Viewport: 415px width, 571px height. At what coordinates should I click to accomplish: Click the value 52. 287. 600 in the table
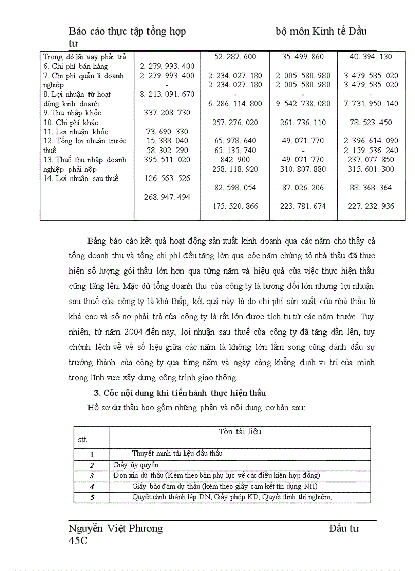pos(235,57)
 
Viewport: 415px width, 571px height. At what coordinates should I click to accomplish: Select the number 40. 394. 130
pos(371,57)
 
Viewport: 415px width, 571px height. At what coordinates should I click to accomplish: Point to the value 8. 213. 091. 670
pos(167,94)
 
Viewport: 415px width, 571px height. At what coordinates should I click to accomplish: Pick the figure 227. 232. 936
pos(371,206)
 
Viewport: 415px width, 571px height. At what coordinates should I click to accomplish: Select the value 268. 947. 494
pos(167,197)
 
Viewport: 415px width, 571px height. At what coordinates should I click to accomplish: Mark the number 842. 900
pos(235,160)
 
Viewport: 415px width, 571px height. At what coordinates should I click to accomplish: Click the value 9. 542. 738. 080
pos(303,104)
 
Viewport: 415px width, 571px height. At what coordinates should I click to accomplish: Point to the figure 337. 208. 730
pos(167,113)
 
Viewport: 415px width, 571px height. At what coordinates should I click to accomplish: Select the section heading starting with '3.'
pos(180,393)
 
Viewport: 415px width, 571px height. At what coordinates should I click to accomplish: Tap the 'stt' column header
pos(82,439)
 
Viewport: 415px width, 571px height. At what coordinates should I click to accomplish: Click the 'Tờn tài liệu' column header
pos(240,432)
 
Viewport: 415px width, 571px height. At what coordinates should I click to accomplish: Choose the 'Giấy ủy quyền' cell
pos(136,465)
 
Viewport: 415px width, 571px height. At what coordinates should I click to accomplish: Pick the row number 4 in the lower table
pos(92,487)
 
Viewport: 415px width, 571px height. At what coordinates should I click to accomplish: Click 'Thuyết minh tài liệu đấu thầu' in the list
pos(177,453)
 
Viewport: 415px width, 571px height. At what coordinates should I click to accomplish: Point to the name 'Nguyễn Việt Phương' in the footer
pos(115,528)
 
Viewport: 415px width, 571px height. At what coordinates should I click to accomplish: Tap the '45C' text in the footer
pos(78,540)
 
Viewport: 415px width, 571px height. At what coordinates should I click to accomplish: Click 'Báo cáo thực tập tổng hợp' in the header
pos(127,32)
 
